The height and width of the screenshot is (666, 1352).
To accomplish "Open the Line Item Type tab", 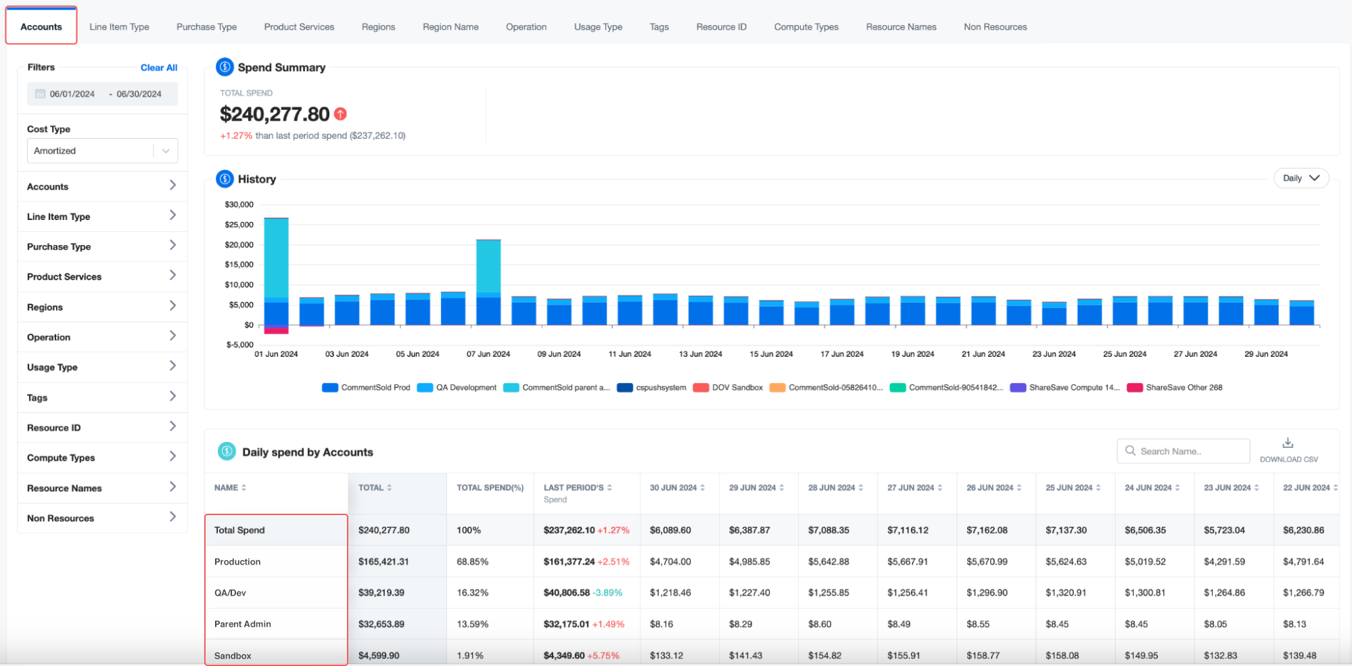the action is (119, 27).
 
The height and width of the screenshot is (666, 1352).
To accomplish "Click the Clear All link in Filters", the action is (159, 68).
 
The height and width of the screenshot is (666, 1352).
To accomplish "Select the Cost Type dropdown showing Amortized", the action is (102, 151).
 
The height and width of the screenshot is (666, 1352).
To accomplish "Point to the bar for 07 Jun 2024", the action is (488, 282).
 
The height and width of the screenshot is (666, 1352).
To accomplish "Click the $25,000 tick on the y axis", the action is (239, 225).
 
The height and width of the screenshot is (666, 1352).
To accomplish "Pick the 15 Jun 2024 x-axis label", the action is (771, 354).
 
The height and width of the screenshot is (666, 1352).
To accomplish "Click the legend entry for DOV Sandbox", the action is (728, 388).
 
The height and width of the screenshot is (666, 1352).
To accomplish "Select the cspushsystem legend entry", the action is (652, 388).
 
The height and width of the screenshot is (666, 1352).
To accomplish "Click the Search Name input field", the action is (1184, 451).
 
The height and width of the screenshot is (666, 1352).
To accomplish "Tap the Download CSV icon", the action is (1288, 443).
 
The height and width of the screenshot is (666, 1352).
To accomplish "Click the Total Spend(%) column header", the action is (490, 488).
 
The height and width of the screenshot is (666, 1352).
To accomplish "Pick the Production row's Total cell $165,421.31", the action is (383, 562).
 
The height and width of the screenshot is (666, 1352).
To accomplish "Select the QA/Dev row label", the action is (230, 593).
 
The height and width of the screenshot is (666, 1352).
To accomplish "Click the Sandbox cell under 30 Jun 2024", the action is (666, 656).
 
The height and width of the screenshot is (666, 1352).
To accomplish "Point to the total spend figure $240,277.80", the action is (275, 114).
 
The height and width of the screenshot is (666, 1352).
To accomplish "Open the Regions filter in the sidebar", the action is (102, 307).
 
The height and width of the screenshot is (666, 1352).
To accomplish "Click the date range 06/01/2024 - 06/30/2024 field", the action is (102, 94).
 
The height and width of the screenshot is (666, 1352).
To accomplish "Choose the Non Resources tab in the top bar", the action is (995, 27).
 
